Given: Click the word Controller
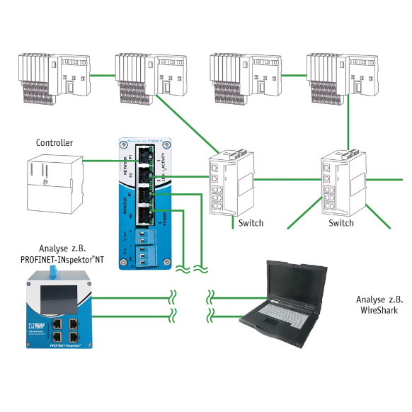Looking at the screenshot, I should pyautogui.click(x=54, y=143).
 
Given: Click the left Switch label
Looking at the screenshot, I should pyautogui.click(x=251, y=223).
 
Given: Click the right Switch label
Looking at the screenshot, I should pyautogui.click(x=341, y=223).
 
